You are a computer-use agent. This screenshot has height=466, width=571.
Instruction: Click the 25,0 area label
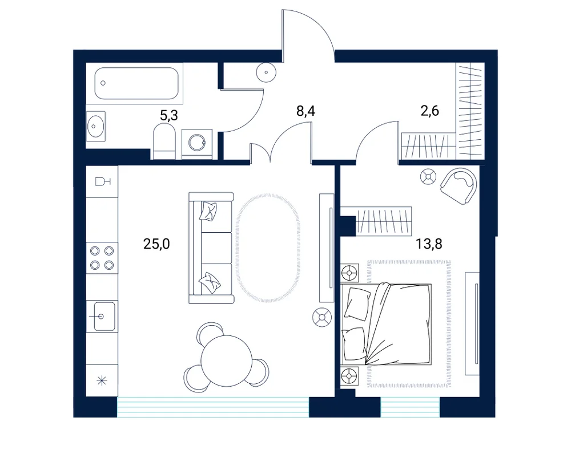pyautogui.click(x=156, y=244)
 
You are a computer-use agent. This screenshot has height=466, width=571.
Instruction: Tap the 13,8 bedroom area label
pyautogui.click(x=429, y=244)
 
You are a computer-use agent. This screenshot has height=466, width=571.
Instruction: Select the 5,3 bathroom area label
pyautogui.click(x=169, y=116)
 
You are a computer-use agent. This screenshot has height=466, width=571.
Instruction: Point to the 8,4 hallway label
pyautogui.click(x=305, y=111)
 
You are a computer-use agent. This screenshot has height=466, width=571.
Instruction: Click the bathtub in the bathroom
pyautogui.click(x=136, y=83)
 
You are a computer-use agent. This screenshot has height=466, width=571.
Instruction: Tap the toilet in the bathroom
pyautogui.click(x=164, y=141)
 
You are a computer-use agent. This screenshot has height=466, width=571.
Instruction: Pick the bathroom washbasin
pyautogui.click(x=96, y=126)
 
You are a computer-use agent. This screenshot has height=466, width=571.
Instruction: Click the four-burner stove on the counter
pyautogui.click(x=102, y=258)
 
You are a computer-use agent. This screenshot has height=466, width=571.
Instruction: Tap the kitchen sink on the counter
pyautogui.click(x=102, y=317)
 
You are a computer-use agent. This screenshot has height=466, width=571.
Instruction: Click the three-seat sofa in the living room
pyautogui.click(x=211, y=248)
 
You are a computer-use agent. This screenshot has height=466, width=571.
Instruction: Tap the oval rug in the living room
pyautogui.click(x=269, y=248)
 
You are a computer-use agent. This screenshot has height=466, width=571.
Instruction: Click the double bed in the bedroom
pyautogui.click(x=387, y=323)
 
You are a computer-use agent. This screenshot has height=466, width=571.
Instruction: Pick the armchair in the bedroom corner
pyautogui.click(x=459, y=186)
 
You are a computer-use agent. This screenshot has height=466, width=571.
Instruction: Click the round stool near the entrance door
pyautogui.click(x=267, y=72)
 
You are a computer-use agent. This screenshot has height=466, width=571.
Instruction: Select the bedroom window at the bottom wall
pyautogui.click(x=411, y=407)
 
